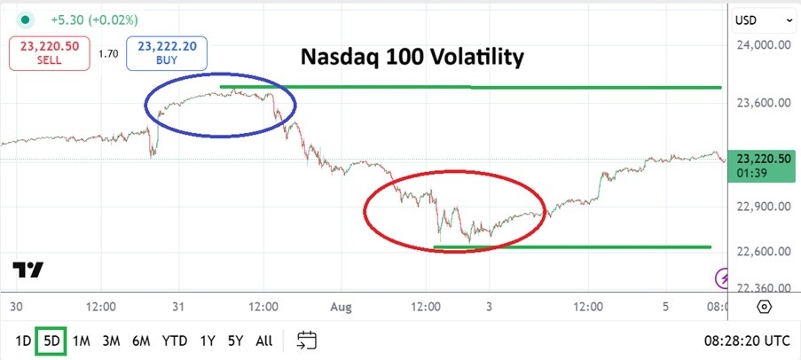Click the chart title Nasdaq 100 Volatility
[412, 58]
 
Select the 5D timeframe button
[51, 340]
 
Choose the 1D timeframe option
[24, 340]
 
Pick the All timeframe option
[263, 340]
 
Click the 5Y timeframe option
[234, 340]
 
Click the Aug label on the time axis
[341, 307]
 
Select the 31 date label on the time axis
[178, 307]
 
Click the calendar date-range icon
[307, 340]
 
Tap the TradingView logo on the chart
[28, 270]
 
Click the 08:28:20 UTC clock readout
[745, 340]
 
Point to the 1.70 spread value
[108, 54]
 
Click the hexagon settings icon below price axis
[764, 307]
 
